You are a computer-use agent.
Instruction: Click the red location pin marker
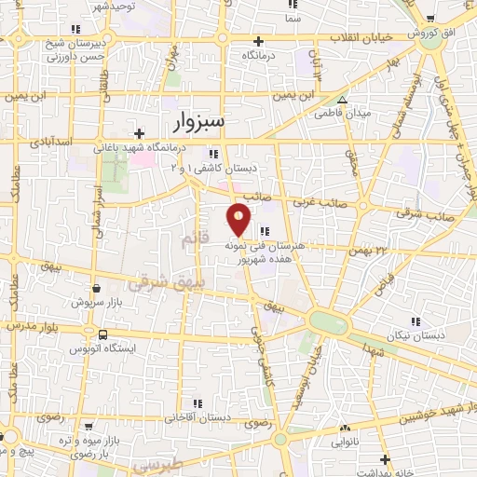(x=239, y=220)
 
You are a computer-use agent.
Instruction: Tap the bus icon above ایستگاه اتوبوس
(x=102, y=334)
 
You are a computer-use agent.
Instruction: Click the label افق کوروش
(x=429, y=33)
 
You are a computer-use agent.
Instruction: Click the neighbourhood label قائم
(x=184, y=239)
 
